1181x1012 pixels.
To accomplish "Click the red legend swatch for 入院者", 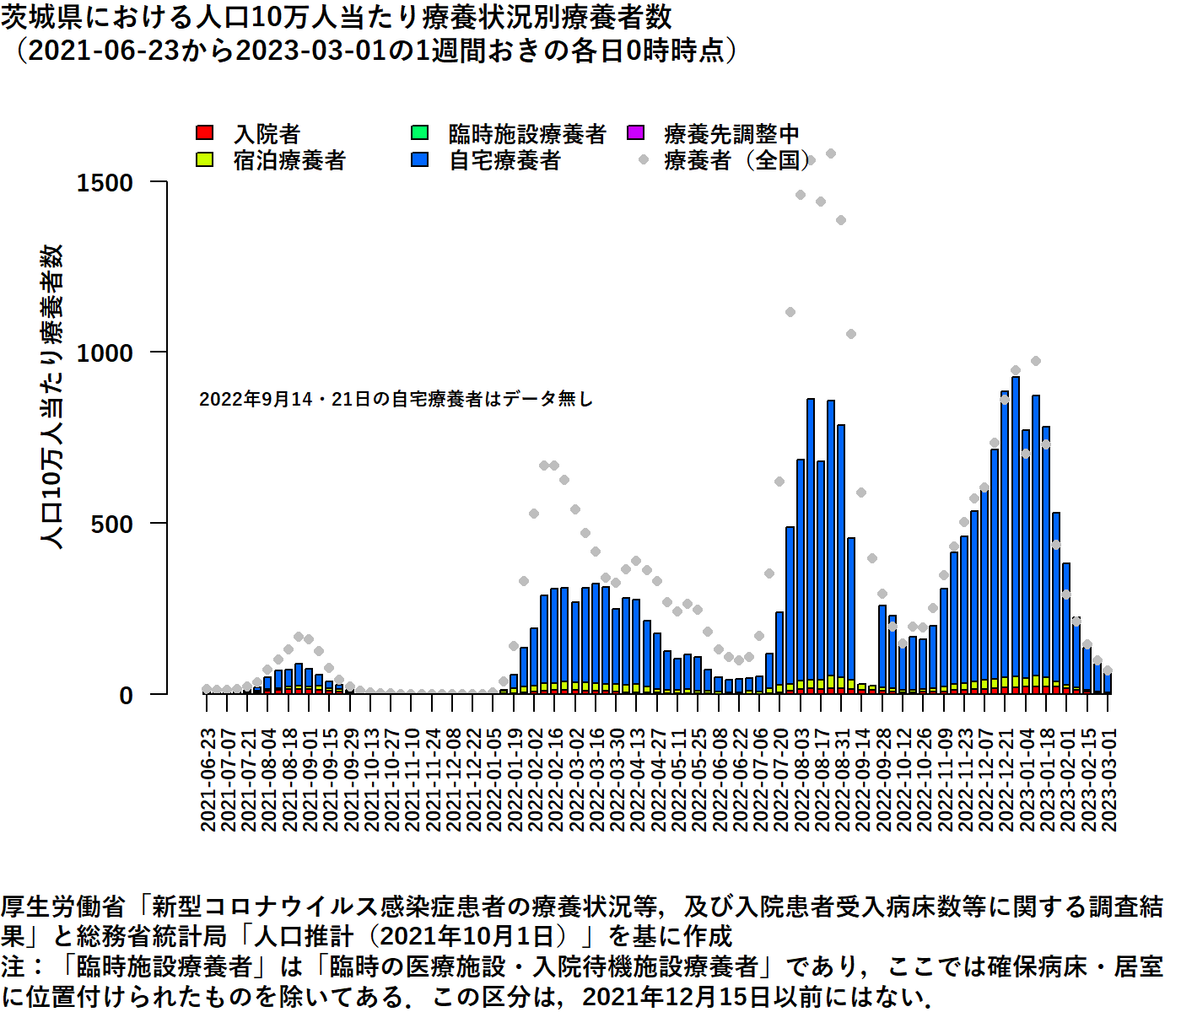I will pyautogui.click(x=204, y=133).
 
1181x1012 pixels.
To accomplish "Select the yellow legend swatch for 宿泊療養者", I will pyautogui.click(x=204, y=159).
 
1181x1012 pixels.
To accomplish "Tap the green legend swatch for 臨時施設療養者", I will pyautogui.click(x=419, y=133).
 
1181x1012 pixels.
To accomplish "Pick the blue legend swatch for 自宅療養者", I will pyautogui.click(x=419, y=159).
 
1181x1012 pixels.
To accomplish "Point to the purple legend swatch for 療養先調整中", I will pyautogui.click(x=635, y=133).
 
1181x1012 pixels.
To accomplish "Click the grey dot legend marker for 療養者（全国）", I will pyautogui.click(x=644, y=159).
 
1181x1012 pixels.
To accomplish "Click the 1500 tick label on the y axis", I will pyautogui.click(x=105, y=183).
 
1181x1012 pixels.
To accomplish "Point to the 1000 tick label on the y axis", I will pyautogui.click(x=105, y=353).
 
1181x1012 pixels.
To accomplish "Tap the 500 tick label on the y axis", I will pyautogui.click(x=112, y=525).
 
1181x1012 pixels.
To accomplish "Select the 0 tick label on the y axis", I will pyautogui.click(x=127, y=696).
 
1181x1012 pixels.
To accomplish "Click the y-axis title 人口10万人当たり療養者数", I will pyautogui.click(x=52, y=396).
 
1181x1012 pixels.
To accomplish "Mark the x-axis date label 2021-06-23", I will pyautogui.click(x=208, y=780).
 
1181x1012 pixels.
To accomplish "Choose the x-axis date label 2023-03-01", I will pyautogui.click(x=1109, y=780).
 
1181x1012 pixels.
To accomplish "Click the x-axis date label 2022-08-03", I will pyautogui.click(x=801, y=780).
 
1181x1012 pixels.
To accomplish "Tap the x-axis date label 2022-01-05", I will pyautogui.click(x=494, y=780).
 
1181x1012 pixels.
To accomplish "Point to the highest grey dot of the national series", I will pyautogui.click(x=831, y=153).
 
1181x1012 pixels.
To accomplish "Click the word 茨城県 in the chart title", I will pyautogui.click(x=34, y=17).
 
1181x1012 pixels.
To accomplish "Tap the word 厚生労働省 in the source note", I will pyautogui.click(x=63, y=907).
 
